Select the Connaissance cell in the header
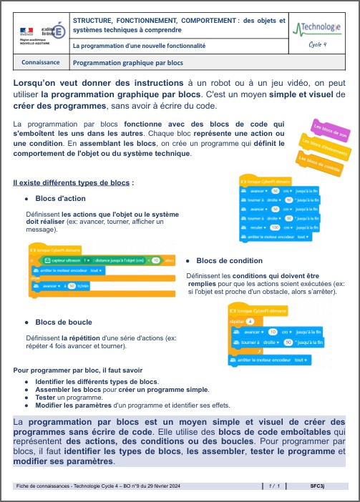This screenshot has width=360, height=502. (x=41, y=62)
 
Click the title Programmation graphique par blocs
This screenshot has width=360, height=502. (x=128, y=62)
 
